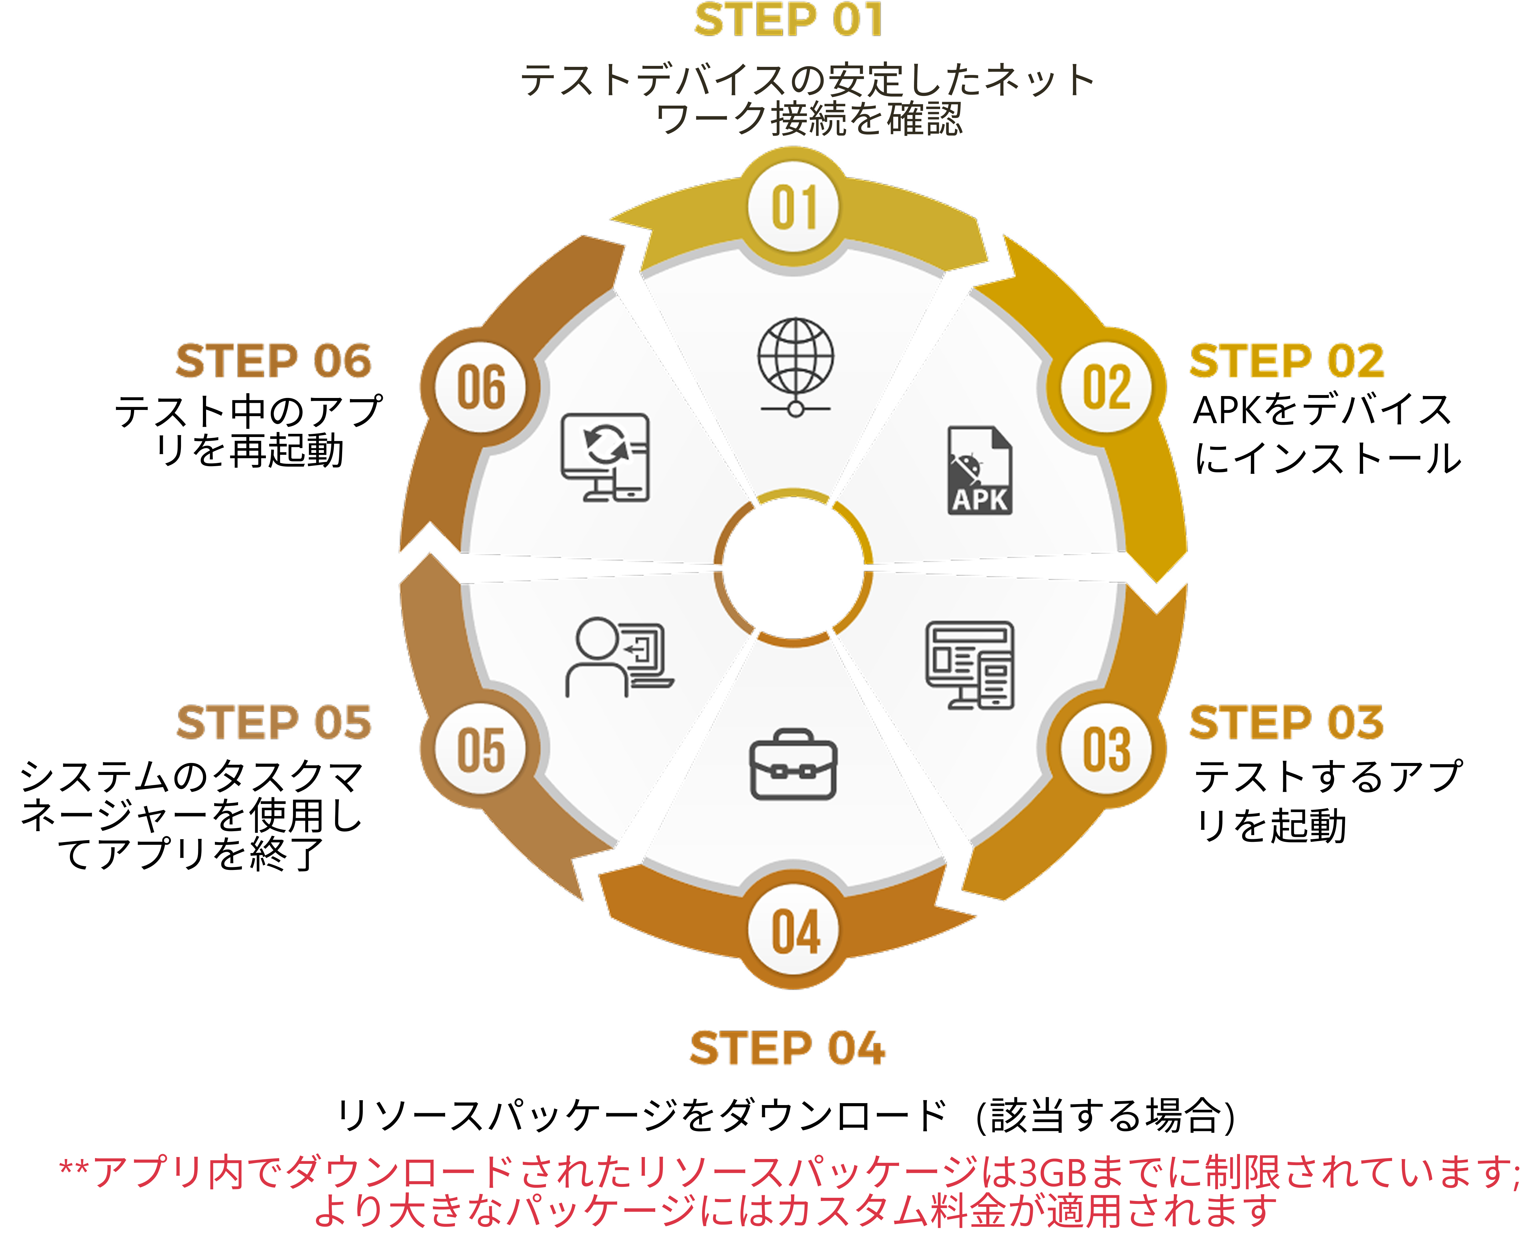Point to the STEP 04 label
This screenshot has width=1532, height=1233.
tap(787, 1048)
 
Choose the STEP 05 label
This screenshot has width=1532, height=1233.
tap(274, 723)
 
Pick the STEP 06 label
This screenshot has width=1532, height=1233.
tap(274, 361)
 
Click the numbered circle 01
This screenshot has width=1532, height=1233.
tap(794, 207)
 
